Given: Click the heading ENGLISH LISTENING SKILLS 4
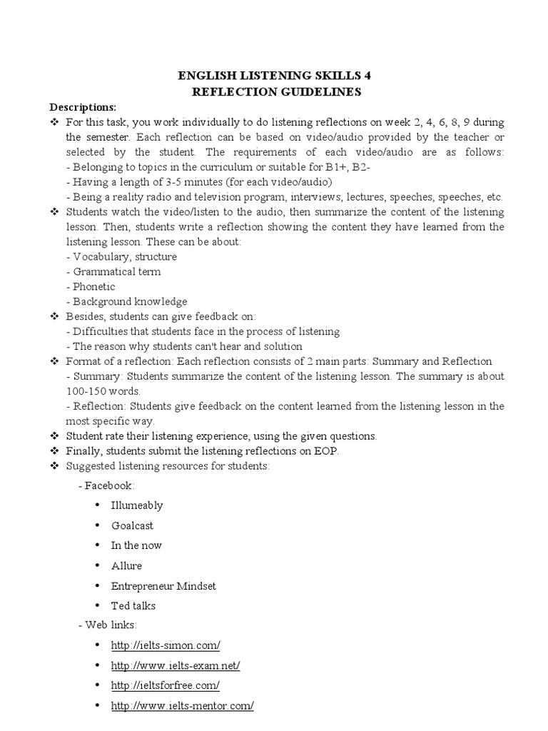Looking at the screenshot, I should coord(274,75).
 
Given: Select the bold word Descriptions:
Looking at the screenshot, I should coord(82,107).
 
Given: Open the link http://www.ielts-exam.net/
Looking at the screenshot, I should coord(176,665).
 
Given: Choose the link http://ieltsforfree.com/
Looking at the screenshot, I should coord(165,685).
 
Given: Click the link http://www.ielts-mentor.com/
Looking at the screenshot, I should coord(182,705).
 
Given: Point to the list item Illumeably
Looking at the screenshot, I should coord(137,505).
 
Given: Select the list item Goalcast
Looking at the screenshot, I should coord(132,525).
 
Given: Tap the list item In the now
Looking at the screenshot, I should coord(136,545).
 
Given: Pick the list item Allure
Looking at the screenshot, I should coord(126,565).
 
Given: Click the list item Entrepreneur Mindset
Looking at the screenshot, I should coord(163,585).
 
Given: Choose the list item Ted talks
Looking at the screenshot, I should coord(133,605).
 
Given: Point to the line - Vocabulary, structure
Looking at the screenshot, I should coord(121,256).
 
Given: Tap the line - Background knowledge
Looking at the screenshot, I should coord(126,301).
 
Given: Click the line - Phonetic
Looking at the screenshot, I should coord(93,286).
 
